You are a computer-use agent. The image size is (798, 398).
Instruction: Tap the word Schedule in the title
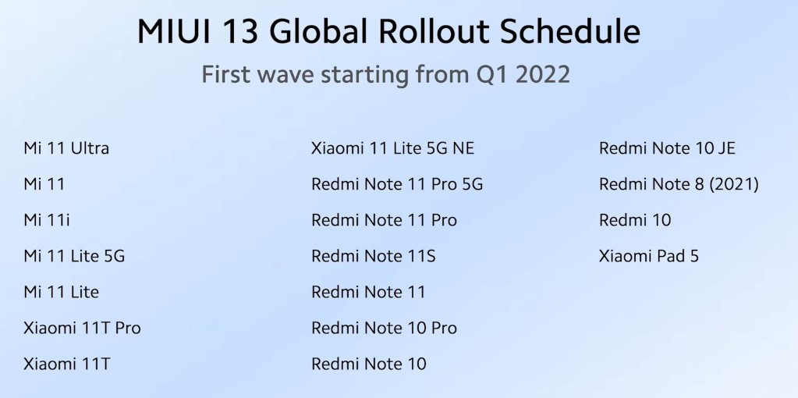coord(570,31)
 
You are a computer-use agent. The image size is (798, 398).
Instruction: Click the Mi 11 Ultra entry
coord(66,148)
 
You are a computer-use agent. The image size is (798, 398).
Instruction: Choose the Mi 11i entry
coord(47,220)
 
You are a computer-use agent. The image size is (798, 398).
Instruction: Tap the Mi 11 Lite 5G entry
coord(74,255)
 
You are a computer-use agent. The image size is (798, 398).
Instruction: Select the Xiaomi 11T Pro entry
coord(82,328)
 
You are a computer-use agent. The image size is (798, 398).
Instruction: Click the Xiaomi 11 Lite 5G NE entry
coord(393,148)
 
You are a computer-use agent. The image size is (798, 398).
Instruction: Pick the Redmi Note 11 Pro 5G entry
coord(397,183)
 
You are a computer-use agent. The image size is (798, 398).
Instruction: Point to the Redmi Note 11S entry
coord(374,255)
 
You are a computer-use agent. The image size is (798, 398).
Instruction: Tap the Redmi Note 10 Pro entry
coord(385,328)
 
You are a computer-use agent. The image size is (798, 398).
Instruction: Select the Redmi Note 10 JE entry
coord(667,148)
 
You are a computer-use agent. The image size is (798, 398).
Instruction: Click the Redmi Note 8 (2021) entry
coord(679,183)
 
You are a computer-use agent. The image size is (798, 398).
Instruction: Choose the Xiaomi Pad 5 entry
coord(649,255)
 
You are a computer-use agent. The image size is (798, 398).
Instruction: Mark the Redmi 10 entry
coord(635,220)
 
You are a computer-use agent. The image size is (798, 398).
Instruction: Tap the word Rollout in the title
coord(434,31)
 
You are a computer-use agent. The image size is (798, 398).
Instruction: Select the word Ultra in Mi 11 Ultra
coord(90,148)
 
